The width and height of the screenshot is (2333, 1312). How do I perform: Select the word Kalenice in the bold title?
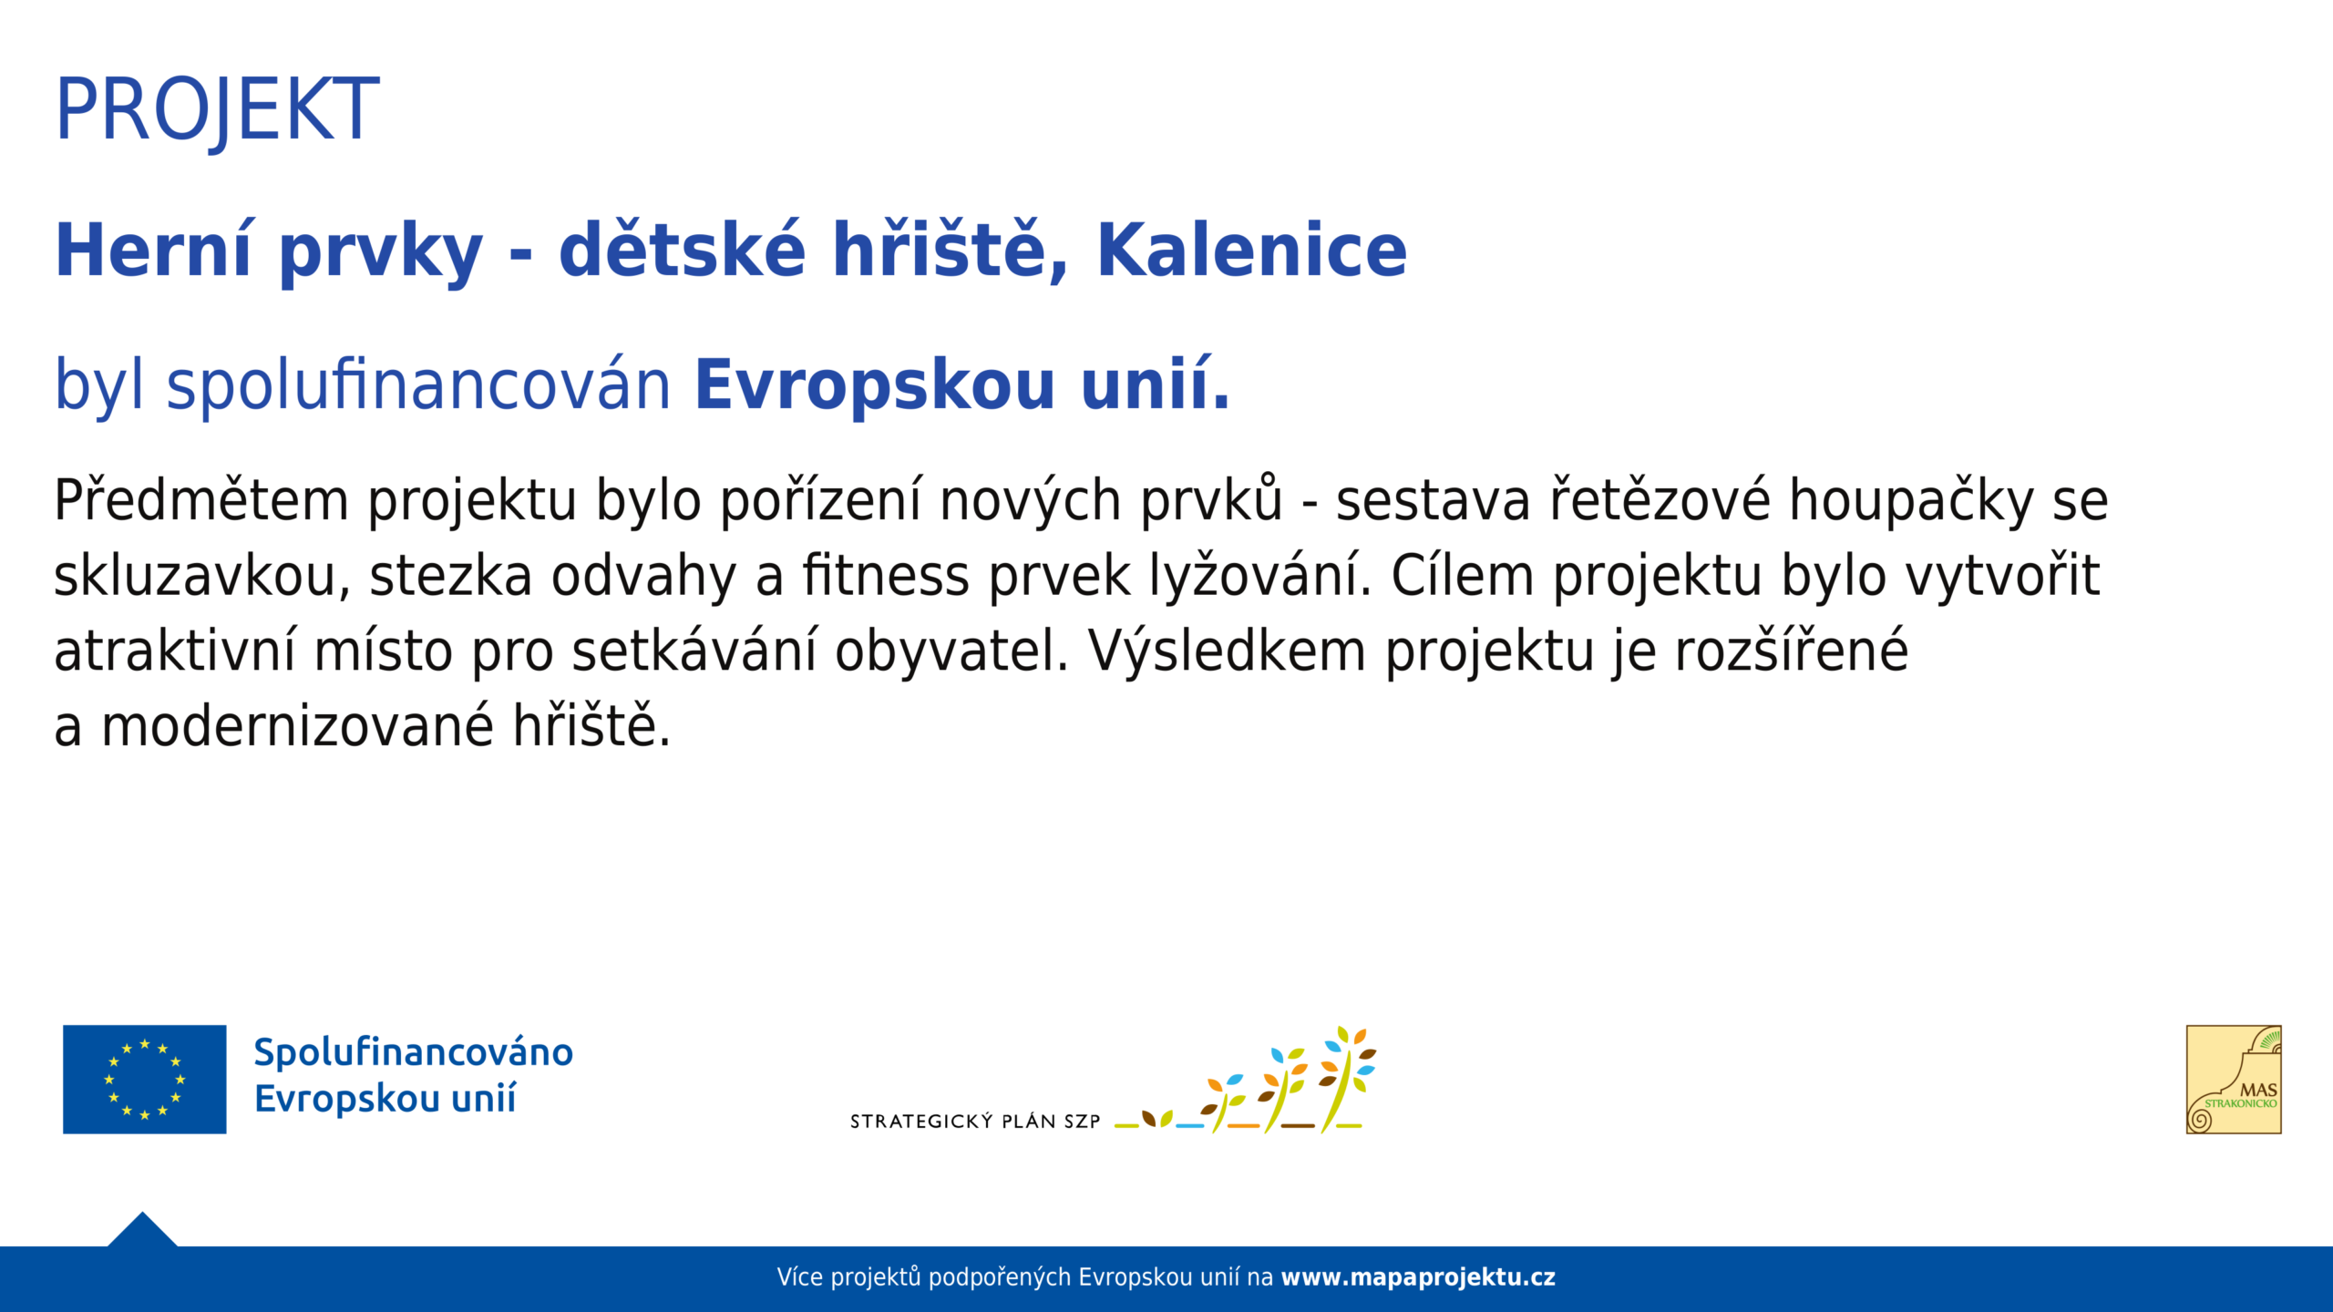coord(1252,250)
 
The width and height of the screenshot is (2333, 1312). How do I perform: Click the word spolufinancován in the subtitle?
coord(419,385)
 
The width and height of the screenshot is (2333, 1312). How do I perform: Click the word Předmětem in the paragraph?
coord(201,500)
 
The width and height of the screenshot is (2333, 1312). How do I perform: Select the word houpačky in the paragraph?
coord(1911,502)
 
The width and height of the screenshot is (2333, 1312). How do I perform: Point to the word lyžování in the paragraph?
coord(1260,576)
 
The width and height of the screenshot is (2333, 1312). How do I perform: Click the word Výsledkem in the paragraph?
coord(1227,651)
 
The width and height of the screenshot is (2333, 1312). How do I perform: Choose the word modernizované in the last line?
coord(297,727)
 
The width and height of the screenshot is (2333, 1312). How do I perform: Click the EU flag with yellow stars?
coord(144,1080)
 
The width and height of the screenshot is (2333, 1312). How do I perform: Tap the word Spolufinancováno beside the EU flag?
coord(414,1052)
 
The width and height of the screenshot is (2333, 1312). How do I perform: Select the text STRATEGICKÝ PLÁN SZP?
coord(975,1122)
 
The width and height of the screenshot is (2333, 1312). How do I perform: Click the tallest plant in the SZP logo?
coord(1347,1080)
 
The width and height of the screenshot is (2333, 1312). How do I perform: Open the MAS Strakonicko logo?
coord(2234,1080)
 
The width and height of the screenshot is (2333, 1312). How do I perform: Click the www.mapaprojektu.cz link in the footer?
coord(1418,1277)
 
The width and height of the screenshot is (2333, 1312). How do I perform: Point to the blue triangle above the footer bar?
coord(142,1230)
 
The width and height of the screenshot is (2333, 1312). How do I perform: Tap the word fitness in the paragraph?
coord(886,576)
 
